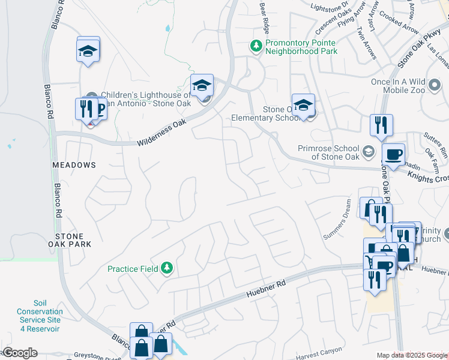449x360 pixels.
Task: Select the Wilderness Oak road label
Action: click(162, 134)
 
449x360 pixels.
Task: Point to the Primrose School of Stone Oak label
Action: click(328, 152)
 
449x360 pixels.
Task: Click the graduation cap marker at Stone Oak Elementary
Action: click(304, 105)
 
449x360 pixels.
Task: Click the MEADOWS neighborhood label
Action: click(74, 165)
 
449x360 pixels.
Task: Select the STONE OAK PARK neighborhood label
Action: click(73, 240)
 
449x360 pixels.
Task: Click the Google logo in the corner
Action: click(20, 353)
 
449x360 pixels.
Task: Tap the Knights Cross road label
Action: click(428, 176)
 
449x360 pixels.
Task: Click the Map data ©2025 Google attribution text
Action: click(411, 355)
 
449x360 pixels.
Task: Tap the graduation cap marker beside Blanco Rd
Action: click(88, 50)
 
